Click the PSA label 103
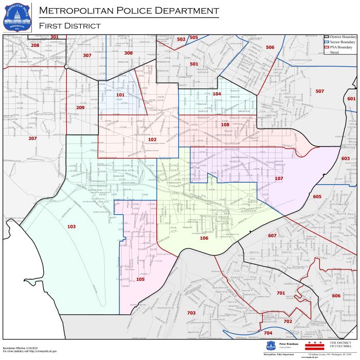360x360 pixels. click(71, 226)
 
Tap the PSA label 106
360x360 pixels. click(204, 238)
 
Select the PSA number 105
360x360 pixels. click(140, 279)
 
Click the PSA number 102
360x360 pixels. click(152, 139)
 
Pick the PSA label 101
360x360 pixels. click(120, 95)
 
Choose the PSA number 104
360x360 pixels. click(217, 94)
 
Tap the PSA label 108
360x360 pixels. click(225, 124)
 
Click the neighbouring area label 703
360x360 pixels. click(191, 313)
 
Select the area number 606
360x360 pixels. click(336, 296)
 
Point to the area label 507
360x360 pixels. click(319, 91)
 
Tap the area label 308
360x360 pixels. click(128, 53)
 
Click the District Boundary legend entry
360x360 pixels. click(340, 37)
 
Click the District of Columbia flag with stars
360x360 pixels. click(314, 343)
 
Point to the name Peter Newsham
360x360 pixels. click(290, 342)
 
